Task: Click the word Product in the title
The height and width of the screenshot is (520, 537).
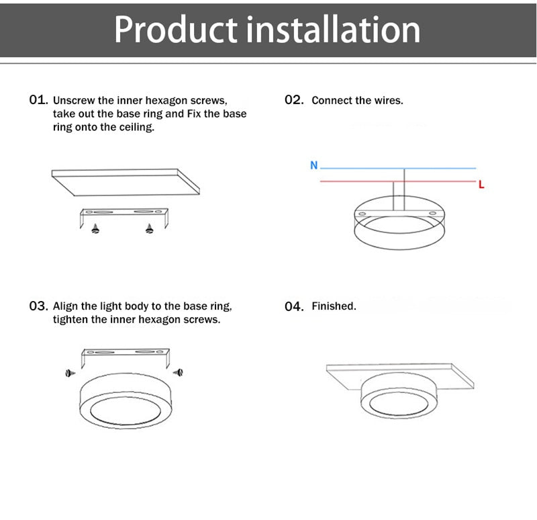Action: (x=175, y=30)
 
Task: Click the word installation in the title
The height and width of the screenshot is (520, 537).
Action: (x=333, y=30)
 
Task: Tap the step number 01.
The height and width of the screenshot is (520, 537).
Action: (x=38, y=99)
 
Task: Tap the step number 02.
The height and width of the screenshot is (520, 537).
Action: (x=294, y=100)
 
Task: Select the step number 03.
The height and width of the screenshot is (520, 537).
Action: (x=38, y=306)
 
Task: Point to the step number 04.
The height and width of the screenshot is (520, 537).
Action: (x=294, y=306)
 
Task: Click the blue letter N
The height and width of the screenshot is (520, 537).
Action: (x=313, y=165)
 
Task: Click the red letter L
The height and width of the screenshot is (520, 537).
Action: (x=481, y=184)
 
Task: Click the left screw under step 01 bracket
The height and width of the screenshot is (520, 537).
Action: (x=95, y=229)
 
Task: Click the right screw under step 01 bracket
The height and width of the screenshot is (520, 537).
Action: (x=149, y=229)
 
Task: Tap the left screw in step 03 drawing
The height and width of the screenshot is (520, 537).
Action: (x=69, y=372)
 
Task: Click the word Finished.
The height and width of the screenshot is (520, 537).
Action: (x=334, y=306)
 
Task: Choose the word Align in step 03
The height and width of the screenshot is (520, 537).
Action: (x=66, y=306)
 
